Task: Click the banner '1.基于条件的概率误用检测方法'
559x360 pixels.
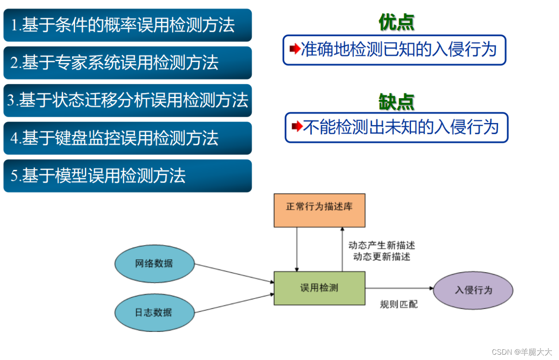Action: (x=127, y=25)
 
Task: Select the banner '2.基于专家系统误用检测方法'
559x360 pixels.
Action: (x=127, y=63)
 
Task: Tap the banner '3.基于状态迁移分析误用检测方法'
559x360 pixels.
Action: (x=127, y=100)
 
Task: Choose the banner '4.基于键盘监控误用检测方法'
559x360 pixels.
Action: (x=127, y=138)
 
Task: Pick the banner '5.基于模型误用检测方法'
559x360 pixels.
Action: (x=127, y=176)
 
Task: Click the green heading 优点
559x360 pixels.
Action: (x=396, y=23)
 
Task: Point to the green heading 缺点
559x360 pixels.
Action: (x=396, y=102)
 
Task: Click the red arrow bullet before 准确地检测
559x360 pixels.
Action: (x=295, y=50)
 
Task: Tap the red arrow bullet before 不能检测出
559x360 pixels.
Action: (x=297, y=127)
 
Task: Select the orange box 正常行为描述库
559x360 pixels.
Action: (x=319, y=210)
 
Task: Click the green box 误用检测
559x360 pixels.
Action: (x=319, y=288)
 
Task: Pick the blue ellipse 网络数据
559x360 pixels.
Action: (x=154, y=264)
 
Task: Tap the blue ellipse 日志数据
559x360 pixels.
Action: (x=154, y=312)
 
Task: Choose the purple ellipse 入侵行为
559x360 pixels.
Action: (x=473, y=291)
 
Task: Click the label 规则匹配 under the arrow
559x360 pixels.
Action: (x=399, y=304)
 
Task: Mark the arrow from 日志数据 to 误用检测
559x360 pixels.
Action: (x=234, y=303)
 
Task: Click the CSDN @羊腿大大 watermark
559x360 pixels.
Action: (x=522, y=352)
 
